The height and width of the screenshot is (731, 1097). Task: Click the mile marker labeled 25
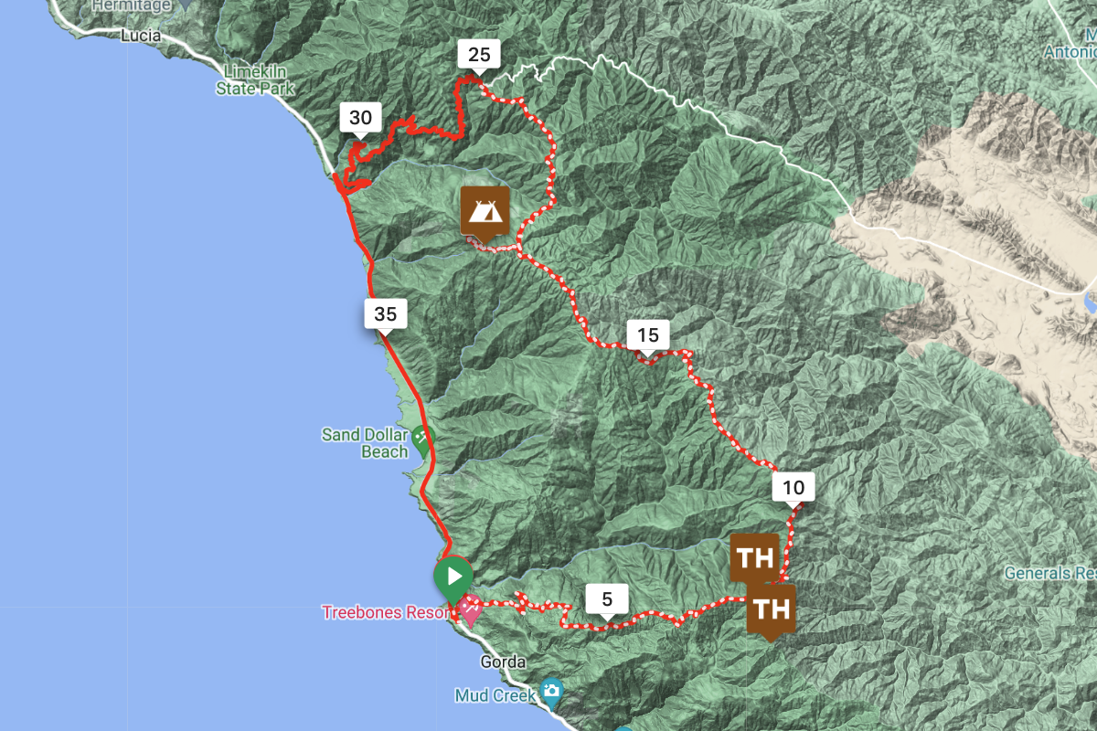pos(479,56)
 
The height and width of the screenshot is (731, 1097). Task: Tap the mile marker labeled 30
pos(360,118)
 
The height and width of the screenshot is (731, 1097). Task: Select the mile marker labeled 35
pos(385,315)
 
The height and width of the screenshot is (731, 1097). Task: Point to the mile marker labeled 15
pos(648,335)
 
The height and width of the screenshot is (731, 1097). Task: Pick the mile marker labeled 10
pos(793,488)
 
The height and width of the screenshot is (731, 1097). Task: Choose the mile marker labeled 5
pos(607,600)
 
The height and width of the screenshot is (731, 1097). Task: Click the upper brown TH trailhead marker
pos(754,558)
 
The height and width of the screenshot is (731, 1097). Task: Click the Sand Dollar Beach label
pos(365,443)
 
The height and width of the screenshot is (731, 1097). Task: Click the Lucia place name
pos(141,36)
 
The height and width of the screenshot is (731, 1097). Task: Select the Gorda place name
pos(503,662)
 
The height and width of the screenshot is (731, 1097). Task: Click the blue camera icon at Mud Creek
pos(550,690)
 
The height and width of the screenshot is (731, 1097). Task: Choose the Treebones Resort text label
pos(386,612)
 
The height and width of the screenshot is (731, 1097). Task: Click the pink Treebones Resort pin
pos(470,608)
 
